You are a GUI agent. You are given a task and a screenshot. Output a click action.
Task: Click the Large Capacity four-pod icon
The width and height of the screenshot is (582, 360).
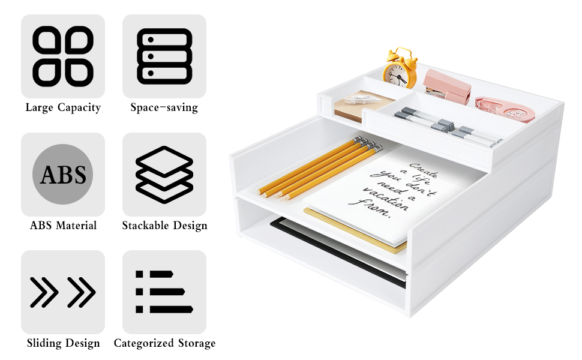(x=63, y=56)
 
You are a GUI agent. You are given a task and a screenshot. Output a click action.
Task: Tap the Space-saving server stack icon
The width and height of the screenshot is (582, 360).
(x=164, y=56)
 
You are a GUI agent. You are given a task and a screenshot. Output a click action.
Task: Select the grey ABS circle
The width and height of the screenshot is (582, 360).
(x=63, y=175)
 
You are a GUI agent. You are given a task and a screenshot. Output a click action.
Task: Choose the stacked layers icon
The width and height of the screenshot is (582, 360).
(x=164, y=175)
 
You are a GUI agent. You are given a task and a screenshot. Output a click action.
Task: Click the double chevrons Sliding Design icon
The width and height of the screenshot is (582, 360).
(x=63, y=292)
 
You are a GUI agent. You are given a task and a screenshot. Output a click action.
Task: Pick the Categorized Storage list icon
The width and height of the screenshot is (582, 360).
(x=164, y=292)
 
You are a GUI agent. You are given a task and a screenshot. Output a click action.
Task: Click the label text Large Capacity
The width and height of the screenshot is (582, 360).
(x=63, y=107)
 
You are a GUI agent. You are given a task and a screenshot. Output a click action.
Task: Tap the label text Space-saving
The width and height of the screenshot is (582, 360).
(x=164, y=107)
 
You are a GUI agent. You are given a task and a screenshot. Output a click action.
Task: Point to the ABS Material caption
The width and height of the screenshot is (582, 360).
(x=63, y=225)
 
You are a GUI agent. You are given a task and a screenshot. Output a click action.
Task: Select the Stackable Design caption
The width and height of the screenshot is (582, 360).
(x=164, y=226)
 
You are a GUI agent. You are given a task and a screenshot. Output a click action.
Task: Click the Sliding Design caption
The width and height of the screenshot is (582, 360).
(x=63, y=343)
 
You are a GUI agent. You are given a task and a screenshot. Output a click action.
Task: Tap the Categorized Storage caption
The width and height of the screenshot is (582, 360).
(x=164, y=343)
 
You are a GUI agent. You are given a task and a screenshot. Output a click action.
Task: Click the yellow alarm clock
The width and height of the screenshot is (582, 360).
(x=400, y=68)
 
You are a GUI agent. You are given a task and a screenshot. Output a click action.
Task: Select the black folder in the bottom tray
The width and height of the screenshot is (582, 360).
(x=338, y=253)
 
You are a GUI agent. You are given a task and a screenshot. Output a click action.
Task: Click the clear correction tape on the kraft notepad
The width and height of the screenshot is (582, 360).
(x=362, y=99)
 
